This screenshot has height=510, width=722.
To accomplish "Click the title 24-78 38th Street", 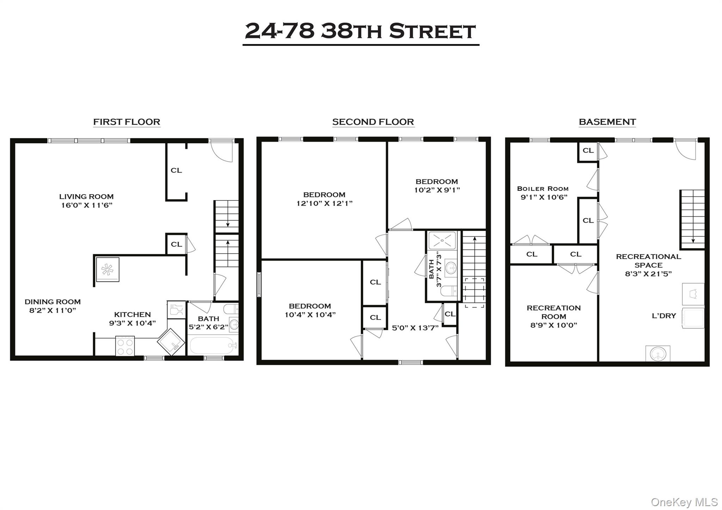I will coord(360,31).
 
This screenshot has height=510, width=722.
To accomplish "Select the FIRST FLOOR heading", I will coord(127,122).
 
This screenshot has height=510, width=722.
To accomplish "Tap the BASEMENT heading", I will coord(607,122).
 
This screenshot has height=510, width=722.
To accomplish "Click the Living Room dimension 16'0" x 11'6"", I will coord(87,205).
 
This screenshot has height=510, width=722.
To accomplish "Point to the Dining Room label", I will coord(53,302).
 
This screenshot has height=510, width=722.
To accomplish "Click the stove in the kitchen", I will coord(125,346).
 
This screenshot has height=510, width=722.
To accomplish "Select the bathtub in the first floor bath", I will coord(212,346).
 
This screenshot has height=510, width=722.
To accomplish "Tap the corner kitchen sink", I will coord(171,342).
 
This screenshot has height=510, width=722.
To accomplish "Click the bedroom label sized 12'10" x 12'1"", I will coord(324,195).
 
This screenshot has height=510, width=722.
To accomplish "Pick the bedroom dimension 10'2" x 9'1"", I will coord(437,190).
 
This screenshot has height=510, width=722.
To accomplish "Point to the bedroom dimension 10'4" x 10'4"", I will coord(310,315).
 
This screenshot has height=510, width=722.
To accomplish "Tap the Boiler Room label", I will coord(543,189).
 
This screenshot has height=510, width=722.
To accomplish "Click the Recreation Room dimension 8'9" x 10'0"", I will coord(553,325).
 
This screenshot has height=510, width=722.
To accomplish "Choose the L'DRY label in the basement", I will coord(664,316).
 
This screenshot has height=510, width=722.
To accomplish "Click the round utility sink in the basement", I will coord(658,353).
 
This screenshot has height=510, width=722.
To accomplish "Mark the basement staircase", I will coord(692,219).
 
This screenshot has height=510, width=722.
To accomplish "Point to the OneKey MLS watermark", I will coord(684,502).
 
